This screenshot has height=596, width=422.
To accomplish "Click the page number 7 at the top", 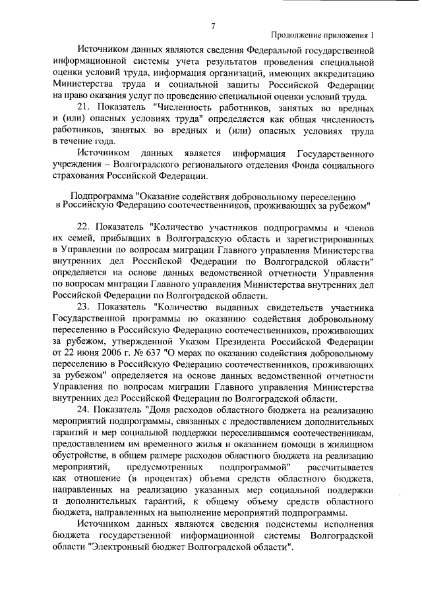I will (213, 26).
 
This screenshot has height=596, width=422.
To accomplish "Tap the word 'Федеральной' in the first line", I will (273, 49).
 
